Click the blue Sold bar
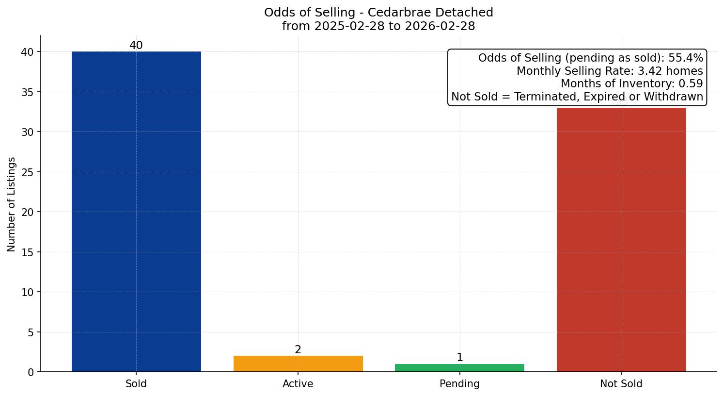pyautogui.click(x=136, y=212)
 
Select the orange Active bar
pyautogui.click(x=298, y=363)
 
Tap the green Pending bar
pyautogui.click(x=459, y=368)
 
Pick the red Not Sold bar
pyautogui.click(x=621, y=240)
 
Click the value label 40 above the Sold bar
pyautogui.click(x=136, y=46)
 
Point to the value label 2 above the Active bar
pyautogui.click(x=298, y=350)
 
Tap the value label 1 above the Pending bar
pyautogui.click(x=459, y=358)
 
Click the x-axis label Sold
pyautogui.click(x=136, y=384)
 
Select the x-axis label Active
pyautogui.click(x=298, y=384)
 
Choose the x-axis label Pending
pyautogui.click(x=459, y=384)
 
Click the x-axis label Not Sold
pyautogui.click(x=621, y=384)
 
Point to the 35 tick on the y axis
pyautogui.click(x=28, y=92)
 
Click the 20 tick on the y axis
pyautogui.click(x=28, y=212)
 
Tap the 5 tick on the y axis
pyautogui.click(x=31, y=332)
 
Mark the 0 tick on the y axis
pyautogui.click(x=31, y=372)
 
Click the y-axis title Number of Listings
pyautogui.click(x=12, y=204)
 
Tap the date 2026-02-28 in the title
pyautogui.click(x=440, y=26)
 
